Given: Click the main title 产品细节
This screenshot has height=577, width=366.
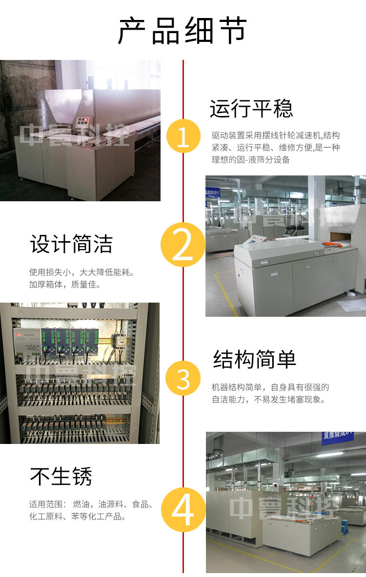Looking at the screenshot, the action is (x=182, y=31).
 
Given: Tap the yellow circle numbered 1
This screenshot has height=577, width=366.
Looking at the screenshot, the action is (x=183, y=136).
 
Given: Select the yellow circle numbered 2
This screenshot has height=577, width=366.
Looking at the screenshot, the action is (x=183, y=245).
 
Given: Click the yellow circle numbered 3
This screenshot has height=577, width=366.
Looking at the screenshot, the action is (x=183, y=378).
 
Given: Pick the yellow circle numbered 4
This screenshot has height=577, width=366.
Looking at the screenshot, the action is (x=183, y=510).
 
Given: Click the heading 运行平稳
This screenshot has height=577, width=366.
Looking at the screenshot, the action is (x=251, y=109).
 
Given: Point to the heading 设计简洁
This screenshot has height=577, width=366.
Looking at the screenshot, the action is (x=71, y=244).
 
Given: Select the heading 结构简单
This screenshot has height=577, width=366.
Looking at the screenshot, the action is (x=255, y=359).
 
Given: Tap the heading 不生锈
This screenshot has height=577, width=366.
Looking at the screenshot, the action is (x=61, y=477).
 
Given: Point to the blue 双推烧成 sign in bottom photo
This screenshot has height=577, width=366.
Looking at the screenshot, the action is (x=338, y=437).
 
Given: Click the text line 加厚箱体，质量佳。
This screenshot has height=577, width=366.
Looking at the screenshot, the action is (x=65, y=285).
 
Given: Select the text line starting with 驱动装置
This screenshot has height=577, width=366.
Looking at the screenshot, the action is (x=276, y=135).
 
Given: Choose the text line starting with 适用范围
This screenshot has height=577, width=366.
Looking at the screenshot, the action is (x=91, y=504).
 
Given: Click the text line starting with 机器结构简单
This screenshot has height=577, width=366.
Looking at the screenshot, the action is (x=270, y=387).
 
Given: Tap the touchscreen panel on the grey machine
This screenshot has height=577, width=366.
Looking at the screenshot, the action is (x=253, y=240).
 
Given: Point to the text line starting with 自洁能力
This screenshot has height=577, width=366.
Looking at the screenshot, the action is (x=268, y=400).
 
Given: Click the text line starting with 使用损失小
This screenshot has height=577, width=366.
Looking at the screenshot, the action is (x=82, y=272).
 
